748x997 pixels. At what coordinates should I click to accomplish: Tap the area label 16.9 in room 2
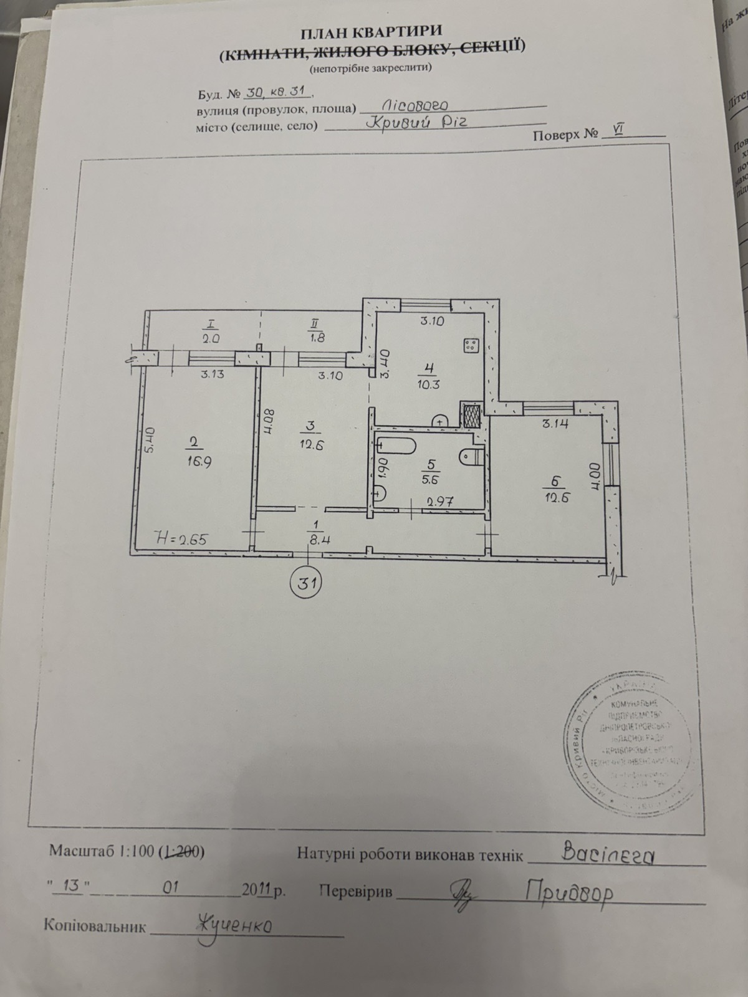click(x=194, y=462)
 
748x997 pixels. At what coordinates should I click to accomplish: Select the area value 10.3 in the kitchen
click(x=429, y=384)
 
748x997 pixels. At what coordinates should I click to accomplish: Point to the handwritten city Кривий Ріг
click(x=424, y=122)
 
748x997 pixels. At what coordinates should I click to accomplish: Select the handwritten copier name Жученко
click(x=234, y=924)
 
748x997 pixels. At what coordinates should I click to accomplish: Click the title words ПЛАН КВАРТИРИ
click(x=372, y=31)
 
